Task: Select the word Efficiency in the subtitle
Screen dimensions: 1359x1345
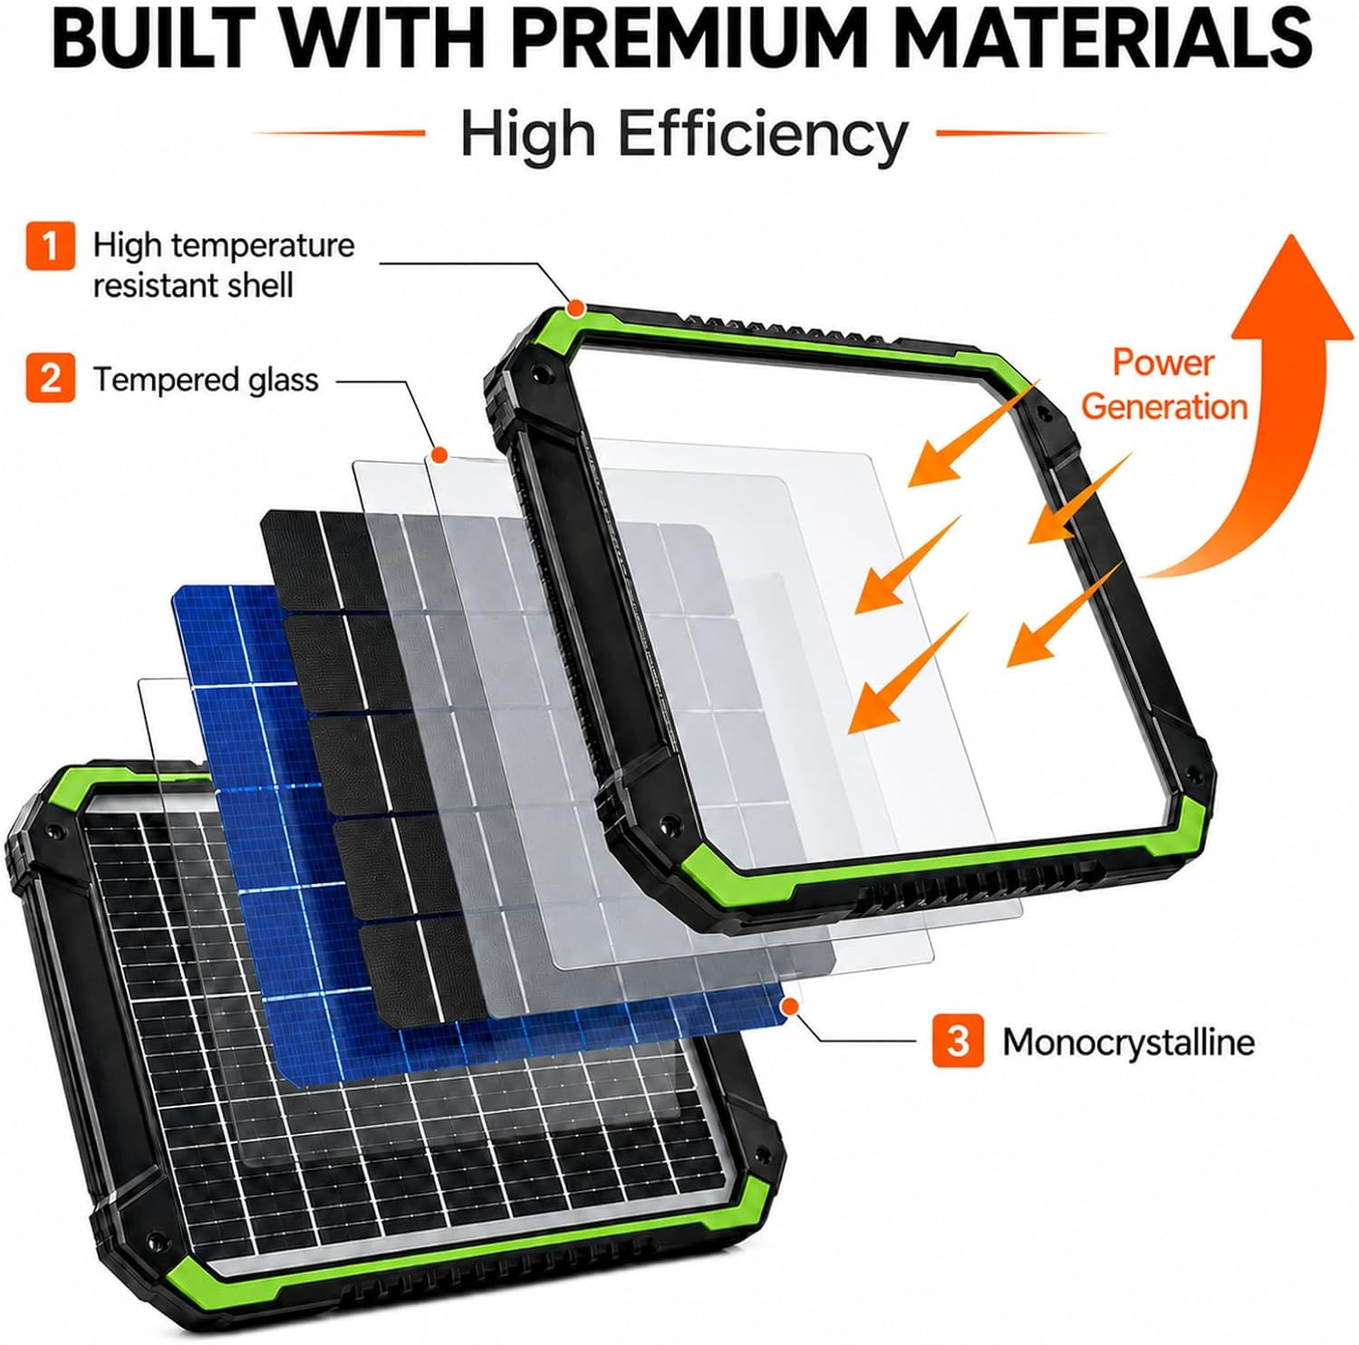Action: coord(763,136)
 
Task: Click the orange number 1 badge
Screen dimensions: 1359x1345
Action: coord(50,245)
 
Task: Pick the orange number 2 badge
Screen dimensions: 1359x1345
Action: coord(50,378)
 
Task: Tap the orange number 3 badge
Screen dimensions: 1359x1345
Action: coord(958,1042)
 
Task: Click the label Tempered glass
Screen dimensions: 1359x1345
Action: coord(206,379)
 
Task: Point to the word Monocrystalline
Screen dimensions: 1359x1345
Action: coord(1128,1042)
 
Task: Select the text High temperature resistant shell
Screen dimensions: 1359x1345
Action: coord(223,265)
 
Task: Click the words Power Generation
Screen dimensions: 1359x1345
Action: coord(1164,384)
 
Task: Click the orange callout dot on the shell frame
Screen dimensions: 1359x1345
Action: coord(574,309)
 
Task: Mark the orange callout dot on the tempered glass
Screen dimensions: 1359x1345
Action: coord(440,453)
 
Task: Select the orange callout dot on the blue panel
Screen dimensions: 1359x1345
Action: coord(791,1004)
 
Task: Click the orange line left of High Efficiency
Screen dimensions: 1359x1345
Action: coord(339,133)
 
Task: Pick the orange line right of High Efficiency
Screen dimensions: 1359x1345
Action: coord(1022,133)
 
